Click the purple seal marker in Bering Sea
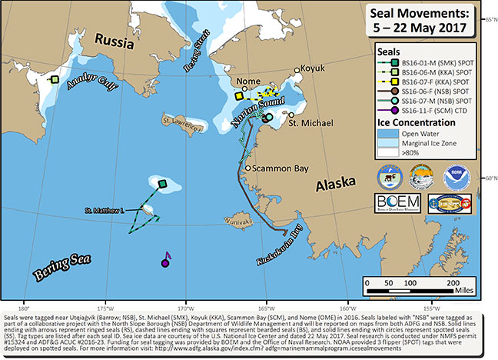[164, 263]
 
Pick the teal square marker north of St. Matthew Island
[162, 183]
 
